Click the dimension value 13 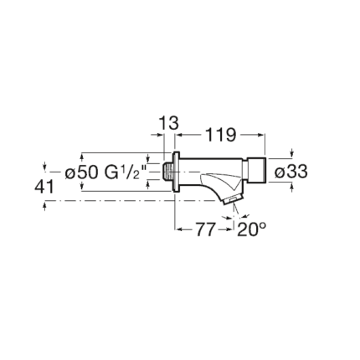[169, 123]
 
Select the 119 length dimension [221, 135]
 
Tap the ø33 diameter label [291, 172]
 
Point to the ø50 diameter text [81, 172]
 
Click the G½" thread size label [126, 172]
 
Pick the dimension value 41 [44, 187]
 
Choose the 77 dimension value [206, 229]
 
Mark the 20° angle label [251, 229]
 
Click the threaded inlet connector [167, 172]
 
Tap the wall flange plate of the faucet [176, 172]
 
